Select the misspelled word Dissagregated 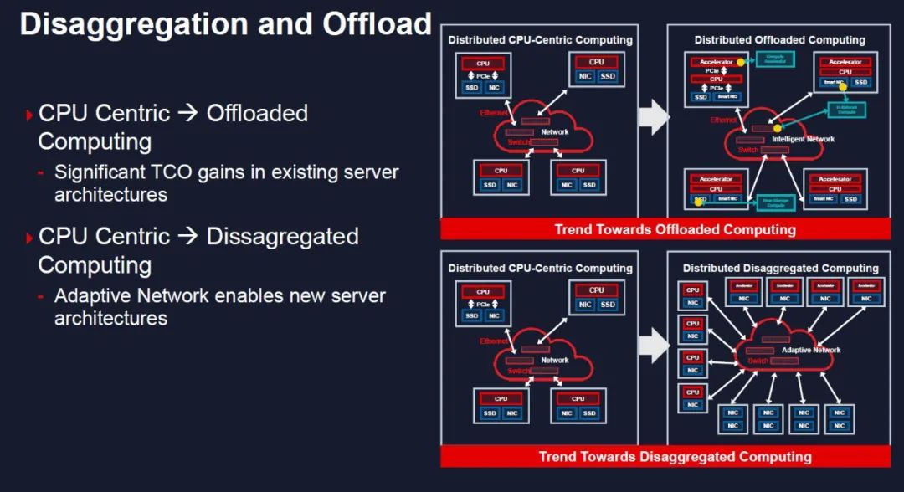coord(282,237)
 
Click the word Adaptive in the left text coord(90,297)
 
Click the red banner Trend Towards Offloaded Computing coord(675,229)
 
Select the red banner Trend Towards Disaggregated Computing coord(675,457)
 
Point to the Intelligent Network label coord(804,139)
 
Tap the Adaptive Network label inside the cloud coord(810,350)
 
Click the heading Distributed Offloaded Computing coord(778,40)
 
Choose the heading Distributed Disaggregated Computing coord(780,268)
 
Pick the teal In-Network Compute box coord(845,110)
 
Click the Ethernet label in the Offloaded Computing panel coord(725,120)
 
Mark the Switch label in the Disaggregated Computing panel coord(758,361)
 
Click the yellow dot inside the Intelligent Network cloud coord(777,128)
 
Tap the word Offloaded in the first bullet coord(257,113)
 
